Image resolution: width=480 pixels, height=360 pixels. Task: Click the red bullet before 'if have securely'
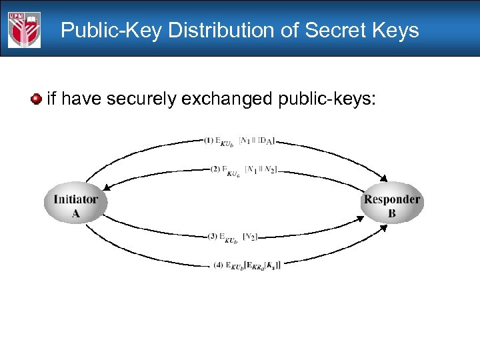(x=35, y=99)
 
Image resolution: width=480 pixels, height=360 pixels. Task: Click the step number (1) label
(x=209, y=140)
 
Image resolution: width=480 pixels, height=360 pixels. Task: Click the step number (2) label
(x=215, y=169)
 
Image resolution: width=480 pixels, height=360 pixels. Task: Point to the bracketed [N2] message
(x=251, y=235)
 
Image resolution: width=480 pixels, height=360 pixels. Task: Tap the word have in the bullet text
(x=80, y=99)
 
